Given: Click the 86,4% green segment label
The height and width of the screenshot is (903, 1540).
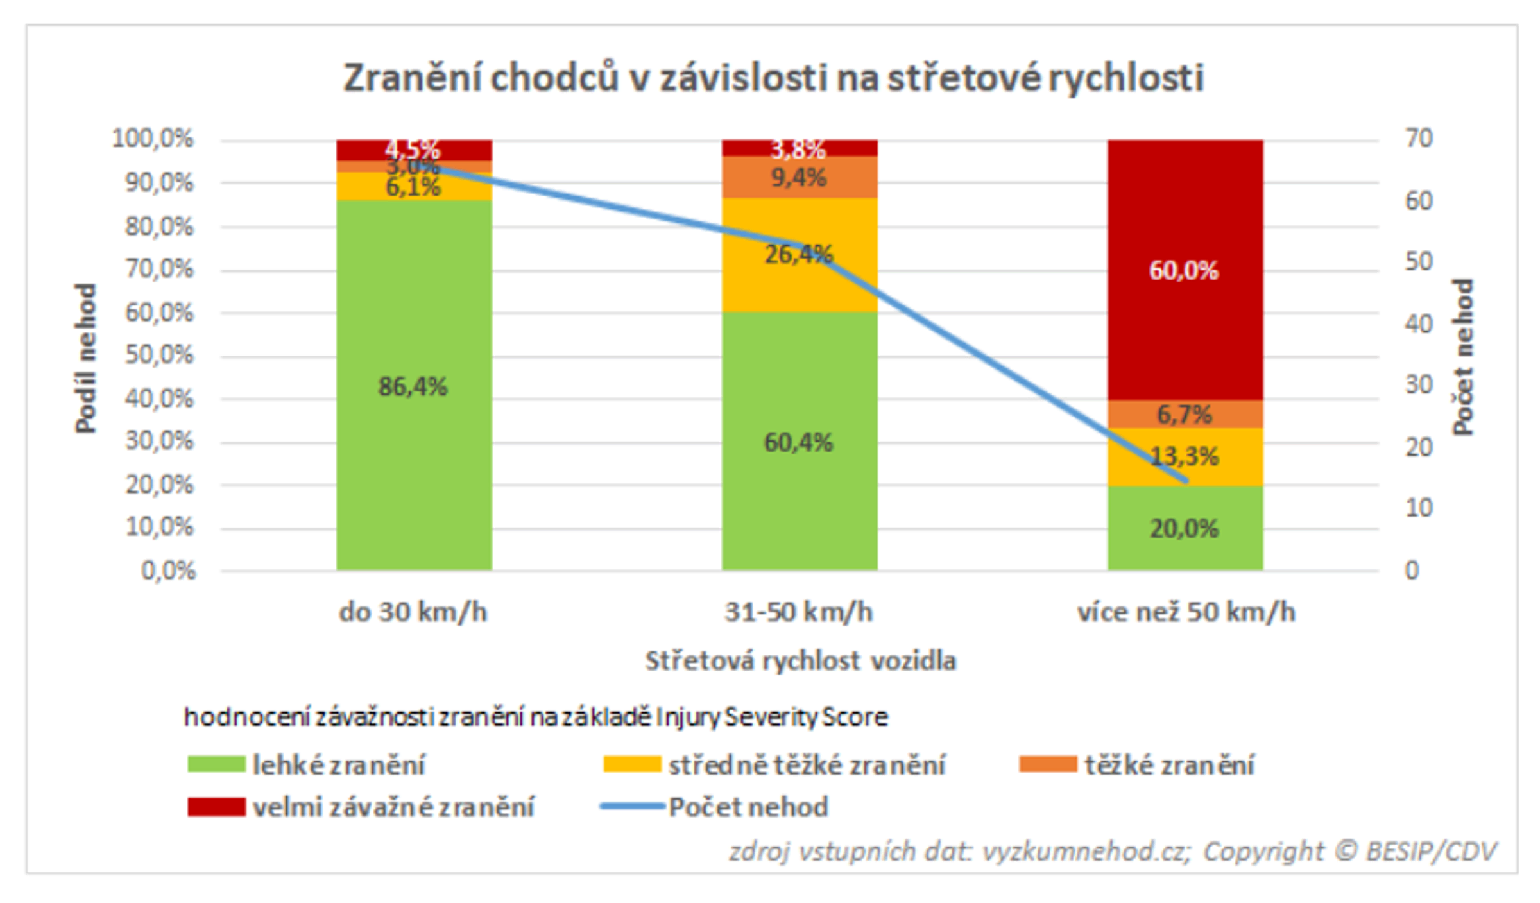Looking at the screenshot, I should coord(413,387).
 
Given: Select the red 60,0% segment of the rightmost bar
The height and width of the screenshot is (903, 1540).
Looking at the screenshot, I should coord(1185,308).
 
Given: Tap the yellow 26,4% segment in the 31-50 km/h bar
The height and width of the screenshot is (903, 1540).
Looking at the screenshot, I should coord(770,282).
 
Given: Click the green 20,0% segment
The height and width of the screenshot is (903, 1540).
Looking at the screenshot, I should coord(1185,529).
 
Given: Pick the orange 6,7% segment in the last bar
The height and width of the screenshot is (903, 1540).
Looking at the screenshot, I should coord(1185,415).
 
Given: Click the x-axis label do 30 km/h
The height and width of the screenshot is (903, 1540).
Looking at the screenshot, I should coord(413,612).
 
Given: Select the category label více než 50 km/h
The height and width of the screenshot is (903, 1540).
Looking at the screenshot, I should coord(1186,612).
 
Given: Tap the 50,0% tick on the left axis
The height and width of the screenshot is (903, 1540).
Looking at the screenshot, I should coord(158,355).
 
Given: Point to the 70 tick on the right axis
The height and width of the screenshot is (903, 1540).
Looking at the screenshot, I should coord(1419,139).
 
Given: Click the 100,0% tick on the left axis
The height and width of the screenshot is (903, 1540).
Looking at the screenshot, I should coord(153,139).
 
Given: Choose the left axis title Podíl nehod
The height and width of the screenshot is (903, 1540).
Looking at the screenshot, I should coord(85,358).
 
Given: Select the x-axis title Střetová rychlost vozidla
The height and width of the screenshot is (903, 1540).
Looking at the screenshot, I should coord(800,661).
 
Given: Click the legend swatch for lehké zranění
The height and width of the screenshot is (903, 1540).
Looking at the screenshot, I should coord(216,764).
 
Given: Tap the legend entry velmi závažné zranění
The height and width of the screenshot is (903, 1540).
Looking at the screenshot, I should coord(393,807).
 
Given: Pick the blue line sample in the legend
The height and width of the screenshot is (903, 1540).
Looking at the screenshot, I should coord(632,807).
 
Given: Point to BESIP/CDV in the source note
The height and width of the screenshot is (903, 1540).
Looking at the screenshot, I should coord(1431,852).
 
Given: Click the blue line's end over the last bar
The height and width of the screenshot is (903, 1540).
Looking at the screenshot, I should coord(1186,480).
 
